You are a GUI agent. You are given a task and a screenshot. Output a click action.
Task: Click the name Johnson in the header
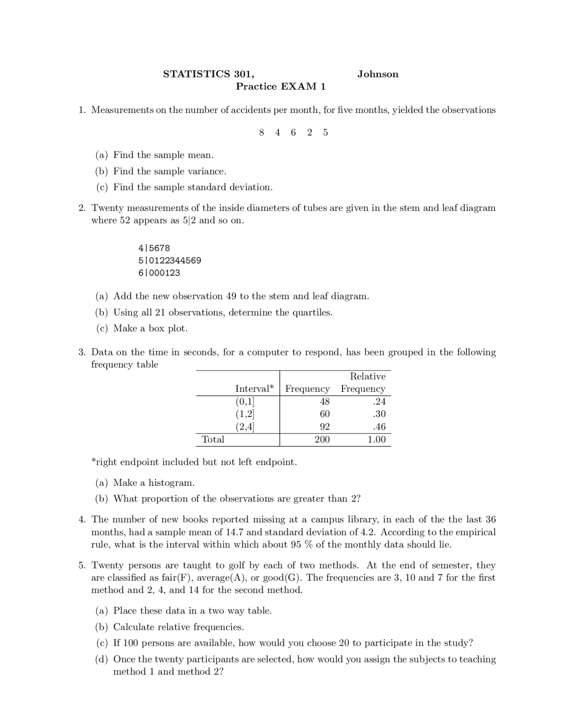378,74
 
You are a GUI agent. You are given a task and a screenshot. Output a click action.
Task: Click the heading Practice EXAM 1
281,86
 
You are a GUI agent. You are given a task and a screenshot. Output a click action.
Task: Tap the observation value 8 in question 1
262,132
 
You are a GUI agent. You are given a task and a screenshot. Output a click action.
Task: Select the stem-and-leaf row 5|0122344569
169,260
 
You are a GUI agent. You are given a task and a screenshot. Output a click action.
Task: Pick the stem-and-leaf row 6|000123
159,273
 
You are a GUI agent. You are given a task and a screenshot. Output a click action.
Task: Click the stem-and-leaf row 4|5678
154,248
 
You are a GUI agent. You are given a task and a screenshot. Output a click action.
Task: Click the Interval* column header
254,389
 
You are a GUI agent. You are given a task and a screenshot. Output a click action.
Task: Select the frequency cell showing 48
324,401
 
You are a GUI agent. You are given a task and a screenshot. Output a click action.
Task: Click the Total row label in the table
213,439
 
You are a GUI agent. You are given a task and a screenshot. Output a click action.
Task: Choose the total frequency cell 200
322,439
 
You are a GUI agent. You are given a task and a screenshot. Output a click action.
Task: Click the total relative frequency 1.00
376,439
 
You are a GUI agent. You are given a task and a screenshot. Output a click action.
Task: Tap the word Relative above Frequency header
367,376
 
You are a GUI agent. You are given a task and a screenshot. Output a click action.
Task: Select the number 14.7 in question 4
234,532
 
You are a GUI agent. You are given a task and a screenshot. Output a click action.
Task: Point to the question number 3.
82,352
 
